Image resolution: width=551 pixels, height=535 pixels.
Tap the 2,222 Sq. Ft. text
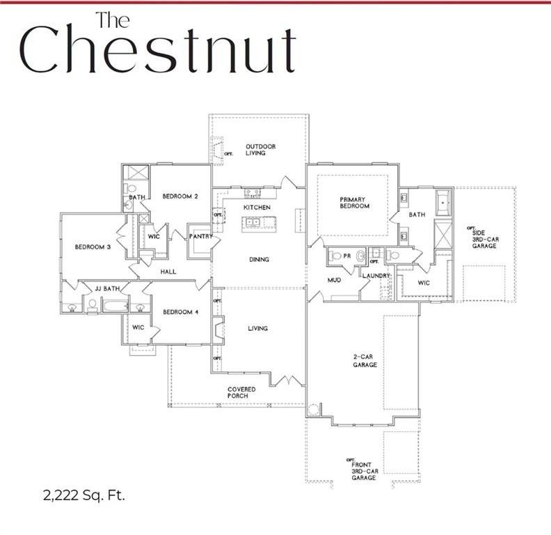[84, 497]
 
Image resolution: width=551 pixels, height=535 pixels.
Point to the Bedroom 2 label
[180, 196]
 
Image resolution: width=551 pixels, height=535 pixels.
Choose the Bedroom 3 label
[93, 247]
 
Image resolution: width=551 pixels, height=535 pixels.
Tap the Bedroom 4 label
[180, 312]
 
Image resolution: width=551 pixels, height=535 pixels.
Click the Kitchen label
[256, 208]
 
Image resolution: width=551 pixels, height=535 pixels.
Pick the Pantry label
[200, 237]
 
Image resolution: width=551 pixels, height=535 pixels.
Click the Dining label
[259, 260]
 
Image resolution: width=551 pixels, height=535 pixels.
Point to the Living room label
[258, 329]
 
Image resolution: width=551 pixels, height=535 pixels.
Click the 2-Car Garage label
[365, 360]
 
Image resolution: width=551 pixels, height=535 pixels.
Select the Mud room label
[335, 280]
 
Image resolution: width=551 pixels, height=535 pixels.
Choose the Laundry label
[376, 276]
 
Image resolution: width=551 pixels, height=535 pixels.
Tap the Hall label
[168, 272]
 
